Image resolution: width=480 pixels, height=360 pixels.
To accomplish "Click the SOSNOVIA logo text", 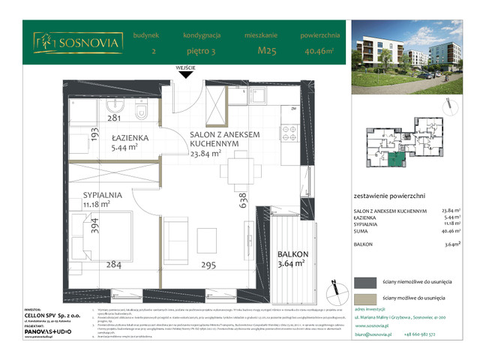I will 90,43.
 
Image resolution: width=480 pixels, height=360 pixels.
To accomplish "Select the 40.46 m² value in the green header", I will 320,51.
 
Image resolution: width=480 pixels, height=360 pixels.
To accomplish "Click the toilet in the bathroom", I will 140,112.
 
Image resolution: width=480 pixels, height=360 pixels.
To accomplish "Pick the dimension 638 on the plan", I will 242,203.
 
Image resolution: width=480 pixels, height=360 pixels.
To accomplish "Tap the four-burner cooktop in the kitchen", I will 289,133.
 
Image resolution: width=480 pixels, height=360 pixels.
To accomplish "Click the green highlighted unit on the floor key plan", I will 395,157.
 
